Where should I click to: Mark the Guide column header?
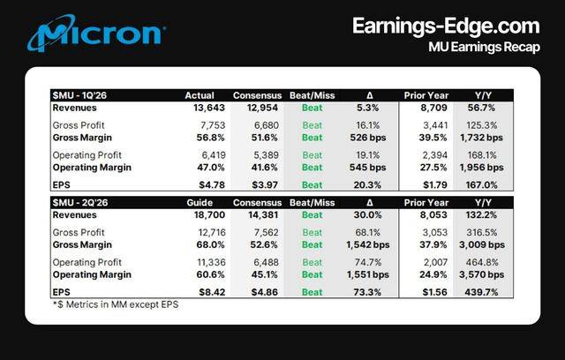(200, 201)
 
